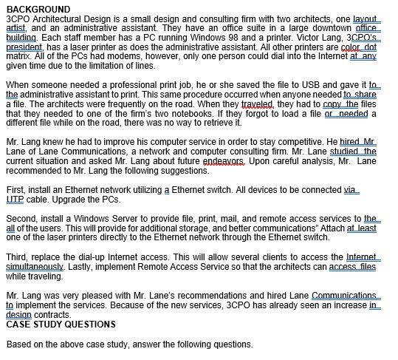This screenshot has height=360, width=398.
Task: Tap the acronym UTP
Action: (x=15, y=200)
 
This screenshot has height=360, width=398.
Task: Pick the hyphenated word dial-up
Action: (x=104, y=257)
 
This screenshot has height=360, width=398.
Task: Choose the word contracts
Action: (x=48, y=313)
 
